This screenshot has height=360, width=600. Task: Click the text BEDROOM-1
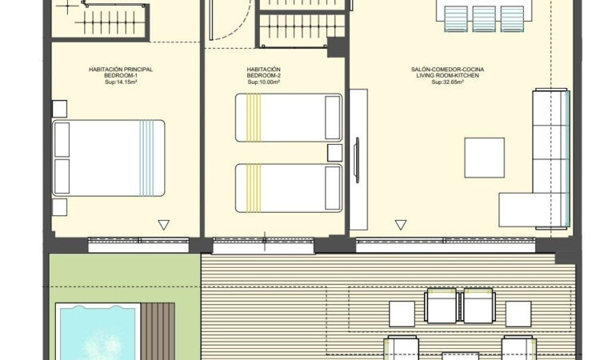point(121,75)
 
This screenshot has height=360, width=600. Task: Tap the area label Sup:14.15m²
point(121,82)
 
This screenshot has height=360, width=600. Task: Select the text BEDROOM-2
point(263,75)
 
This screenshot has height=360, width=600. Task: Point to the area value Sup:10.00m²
point(263,82)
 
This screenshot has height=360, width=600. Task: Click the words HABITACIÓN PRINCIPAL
point(121,70)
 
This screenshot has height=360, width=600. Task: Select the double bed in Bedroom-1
point(109,158)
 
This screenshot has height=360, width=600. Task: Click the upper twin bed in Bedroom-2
point(288,118)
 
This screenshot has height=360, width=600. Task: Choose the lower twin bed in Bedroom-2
point(288,188)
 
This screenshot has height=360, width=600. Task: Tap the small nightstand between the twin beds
point(334,153)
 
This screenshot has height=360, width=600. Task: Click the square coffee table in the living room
point(484,158)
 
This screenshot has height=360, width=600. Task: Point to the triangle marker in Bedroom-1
point(164,225)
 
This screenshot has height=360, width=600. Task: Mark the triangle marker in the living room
point(400,225)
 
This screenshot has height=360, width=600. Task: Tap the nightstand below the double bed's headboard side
point(60,207)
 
